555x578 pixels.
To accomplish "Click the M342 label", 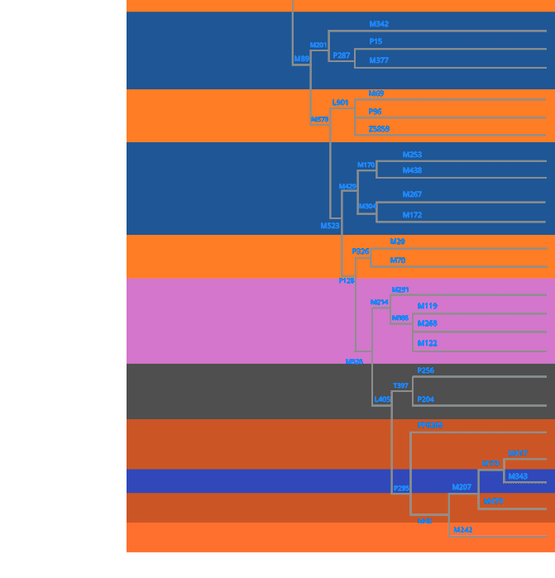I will [379, 24].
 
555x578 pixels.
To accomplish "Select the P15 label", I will [376, 41].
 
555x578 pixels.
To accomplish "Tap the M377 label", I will [379, 60].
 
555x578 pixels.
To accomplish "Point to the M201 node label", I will [318, 45].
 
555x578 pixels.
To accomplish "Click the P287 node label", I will [341, 55].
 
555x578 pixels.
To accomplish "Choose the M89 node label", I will [301, 59].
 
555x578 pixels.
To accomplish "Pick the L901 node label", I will [340, 103].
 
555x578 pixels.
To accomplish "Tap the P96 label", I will [375, 112].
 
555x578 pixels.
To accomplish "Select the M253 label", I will [412, 155].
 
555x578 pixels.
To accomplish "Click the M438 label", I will [412, 170].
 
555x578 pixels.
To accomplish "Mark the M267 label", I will [412, 194].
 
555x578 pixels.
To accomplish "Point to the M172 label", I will [412, 215].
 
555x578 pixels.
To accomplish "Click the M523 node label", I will [330, 226].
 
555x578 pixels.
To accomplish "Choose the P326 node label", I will [360, 251].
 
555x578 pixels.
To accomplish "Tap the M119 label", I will [427, 306].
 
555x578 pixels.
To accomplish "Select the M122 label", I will [427, 343].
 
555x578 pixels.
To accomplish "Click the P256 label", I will [425, 370].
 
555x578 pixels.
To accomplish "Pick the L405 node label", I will [382, 399].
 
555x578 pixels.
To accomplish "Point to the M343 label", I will [518, 476].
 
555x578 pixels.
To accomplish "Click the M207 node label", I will [462, 487].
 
